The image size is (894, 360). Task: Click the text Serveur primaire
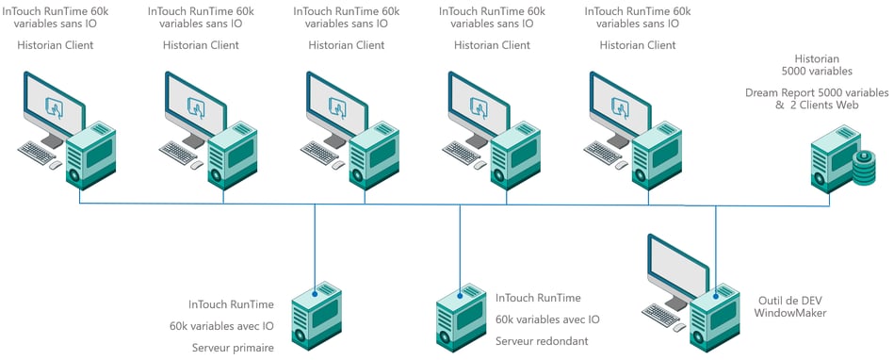[233, 347]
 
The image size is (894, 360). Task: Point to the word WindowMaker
[790, 313]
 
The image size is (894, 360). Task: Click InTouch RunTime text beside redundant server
[538, 298]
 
